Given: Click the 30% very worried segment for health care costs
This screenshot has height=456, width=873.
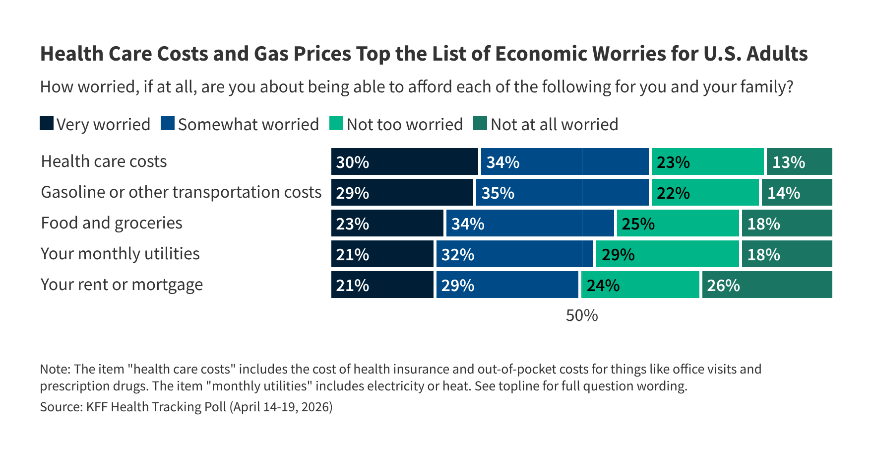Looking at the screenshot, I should [x=404, y=161].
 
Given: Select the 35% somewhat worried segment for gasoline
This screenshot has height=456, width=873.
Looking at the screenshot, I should [x=562, y=192].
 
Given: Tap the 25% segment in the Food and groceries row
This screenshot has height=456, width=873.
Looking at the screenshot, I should [x=678, y=223].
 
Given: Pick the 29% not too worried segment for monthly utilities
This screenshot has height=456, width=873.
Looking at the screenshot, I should [x=667, y=254].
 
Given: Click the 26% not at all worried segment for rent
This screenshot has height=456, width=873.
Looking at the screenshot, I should [x=767, y=285].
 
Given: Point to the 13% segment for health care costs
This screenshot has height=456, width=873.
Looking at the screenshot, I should [x=799, y=161].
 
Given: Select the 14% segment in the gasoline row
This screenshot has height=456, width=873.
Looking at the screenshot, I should [x=797, y=192].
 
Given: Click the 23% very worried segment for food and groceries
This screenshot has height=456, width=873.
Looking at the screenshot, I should [x=387, y=223].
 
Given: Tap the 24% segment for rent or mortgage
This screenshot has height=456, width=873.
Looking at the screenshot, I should [x=640, y=285].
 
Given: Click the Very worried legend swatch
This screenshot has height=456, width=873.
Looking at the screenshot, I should [x=47, y=124].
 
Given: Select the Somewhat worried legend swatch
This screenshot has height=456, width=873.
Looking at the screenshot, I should [x=168, y=124].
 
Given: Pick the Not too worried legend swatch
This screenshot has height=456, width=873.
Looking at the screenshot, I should [x=336, y=124].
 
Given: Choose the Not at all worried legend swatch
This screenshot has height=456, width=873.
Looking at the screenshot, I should [x=480, y=124].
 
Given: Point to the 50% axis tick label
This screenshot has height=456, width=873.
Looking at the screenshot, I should [x=582, y=315].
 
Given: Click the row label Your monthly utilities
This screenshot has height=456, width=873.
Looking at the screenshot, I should [x=120, y=254].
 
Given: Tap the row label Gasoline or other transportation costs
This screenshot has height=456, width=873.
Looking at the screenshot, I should [x=181, y=192].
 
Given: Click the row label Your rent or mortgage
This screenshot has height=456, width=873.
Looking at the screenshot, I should [x=122, y=285].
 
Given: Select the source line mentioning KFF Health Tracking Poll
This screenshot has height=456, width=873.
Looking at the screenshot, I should [x=186, y=407].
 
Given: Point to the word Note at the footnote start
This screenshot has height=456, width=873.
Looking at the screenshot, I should [x=55, y=369].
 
